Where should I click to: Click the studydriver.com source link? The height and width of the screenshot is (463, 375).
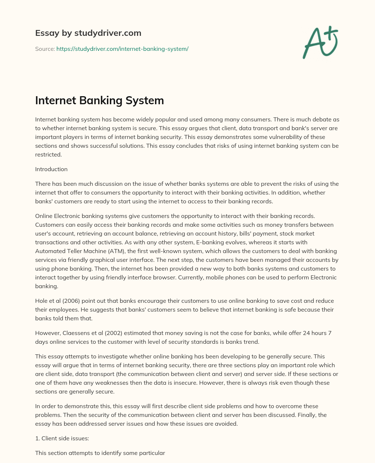coord(122,49)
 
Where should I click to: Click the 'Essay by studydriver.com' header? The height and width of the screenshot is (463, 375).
coord(88,33)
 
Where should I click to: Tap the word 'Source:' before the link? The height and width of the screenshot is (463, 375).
coord(45,49)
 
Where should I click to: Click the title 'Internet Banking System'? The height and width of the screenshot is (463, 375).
coord(99,101)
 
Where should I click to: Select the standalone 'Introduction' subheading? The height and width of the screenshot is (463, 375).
coord(51,169)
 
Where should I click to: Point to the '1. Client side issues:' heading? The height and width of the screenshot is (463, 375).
coord(62,438)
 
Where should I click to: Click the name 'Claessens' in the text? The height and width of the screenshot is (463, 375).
coord(74,333)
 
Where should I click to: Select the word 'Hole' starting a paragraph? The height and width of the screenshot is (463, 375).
coord(41,301)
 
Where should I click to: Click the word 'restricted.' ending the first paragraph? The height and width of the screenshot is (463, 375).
coord(48,154)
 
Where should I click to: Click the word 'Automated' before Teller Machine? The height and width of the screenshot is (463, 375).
coord(48,251)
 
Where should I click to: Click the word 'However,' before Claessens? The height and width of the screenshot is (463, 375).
coord(47,333)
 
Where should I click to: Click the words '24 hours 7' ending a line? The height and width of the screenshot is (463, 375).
coord(318,333)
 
